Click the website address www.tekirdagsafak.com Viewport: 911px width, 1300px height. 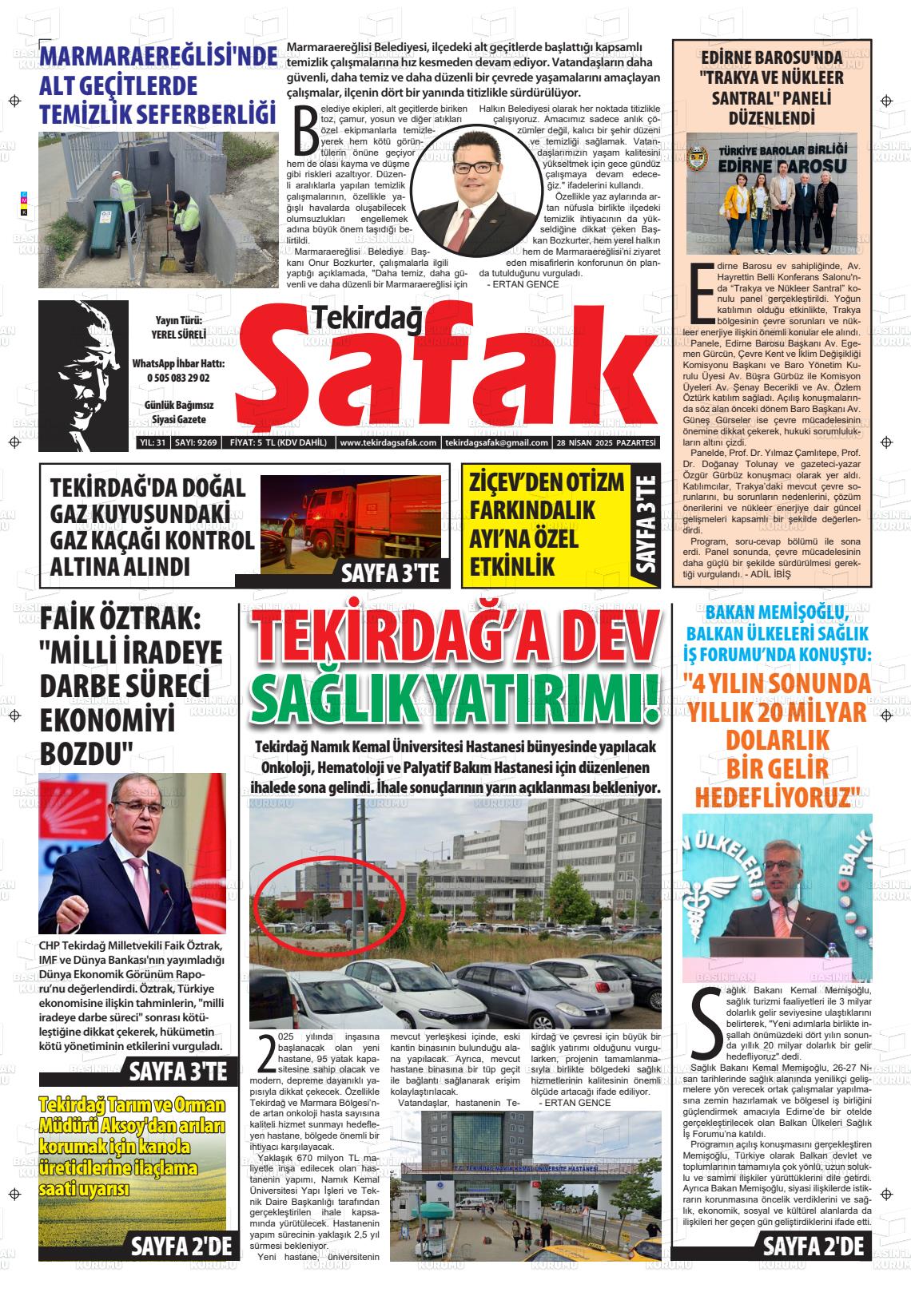pos(388,443)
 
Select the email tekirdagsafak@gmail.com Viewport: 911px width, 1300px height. pos(495,443)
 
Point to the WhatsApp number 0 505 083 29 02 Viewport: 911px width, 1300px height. pos(178,378)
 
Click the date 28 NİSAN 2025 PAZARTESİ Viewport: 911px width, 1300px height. pos(607,443)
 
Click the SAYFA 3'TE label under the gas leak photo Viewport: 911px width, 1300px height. pos(390,573)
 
